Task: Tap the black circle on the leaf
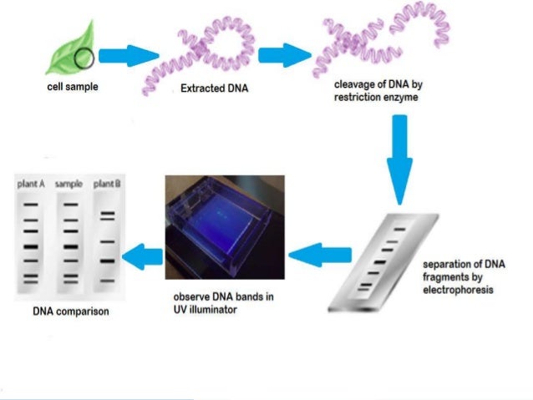84,58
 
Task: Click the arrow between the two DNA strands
282,56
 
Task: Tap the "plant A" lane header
30,184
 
